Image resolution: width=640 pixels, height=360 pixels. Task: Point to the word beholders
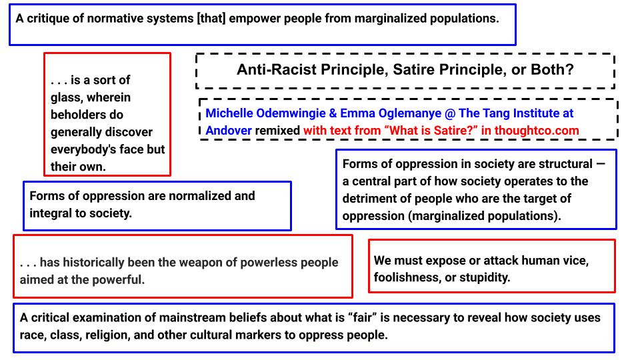click(77, 115)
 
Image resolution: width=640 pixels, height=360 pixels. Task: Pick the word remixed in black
click(277, 131)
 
